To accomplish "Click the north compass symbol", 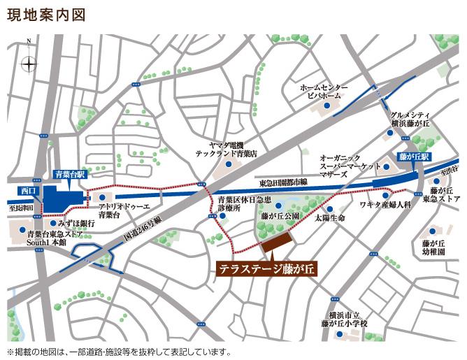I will click(x=29, y=64).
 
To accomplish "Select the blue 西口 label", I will click(x=29, y=190).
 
